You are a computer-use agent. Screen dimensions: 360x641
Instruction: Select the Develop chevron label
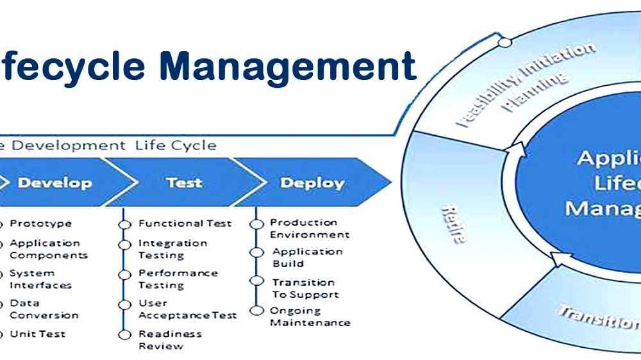(x=55, y=183)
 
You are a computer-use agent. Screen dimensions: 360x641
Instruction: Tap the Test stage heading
(x=184, y=183)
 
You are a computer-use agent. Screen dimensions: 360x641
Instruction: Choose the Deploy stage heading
(x=312, y=183)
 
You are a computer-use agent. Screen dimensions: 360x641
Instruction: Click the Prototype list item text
(x=40, y=224)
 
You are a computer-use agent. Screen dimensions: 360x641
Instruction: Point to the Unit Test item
(x=37, y=334)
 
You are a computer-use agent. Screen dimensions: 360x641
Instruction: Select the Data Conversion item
(x=44, y=309)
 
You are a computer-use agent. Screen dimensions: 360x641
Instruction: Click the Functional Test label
(x=185, y=224)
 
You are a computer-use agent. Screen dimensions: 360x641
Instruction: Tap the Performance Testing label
(x=178, y=279)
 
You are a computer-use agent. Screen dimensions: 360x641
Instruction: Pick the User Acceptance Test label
(x=187, y=309)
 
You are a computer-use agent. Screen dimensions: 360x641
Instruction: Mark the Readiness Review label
(x=170, y=340)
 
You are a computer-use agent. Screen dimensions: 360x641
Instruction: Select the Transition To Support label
(x=305, y=288)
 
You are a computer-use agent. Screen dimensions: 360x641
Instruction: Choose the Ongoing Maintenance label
(x=310, y=316)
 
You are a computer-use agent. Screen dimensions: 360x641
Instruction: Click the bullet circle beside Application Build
(x=257, y=252)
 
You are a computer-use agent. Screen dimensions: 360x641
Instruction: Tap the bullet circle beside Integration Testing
(x=125, y=245)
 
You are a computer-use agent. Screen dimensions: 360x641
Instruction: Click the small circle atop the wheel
(x=504, y=43)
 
